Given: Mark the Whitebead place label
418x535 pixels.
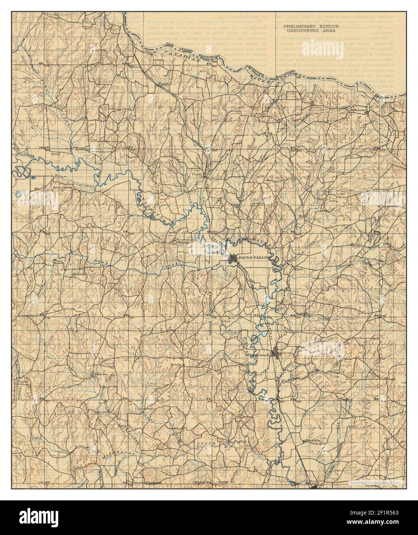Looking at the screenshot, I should point(184,242).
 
